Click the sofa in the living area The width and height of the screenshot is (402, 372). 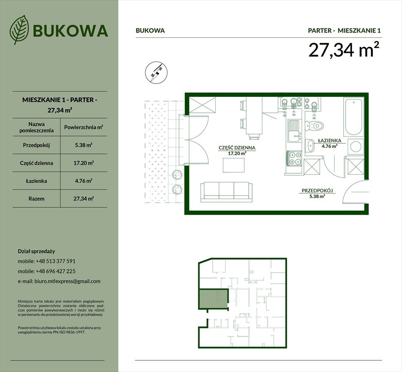[x=226, y=191]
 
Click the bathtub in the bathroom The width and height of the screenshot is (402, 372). [x=353, y=117]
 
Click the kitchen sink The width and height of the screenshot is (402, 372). [x=294, y=129]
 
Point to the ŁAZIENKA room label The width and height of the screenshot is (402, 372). [x=330, y=141]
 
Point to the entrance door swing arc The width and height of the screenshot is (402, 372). [x=353, y=193]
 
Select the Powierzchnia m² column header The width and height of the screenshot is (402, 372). [x=84, y=127]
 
